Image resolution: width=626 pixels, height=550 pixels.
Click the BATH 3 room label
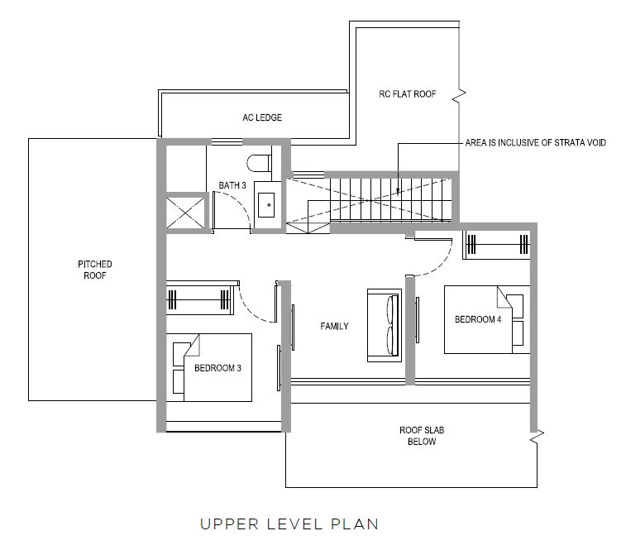[232, 185]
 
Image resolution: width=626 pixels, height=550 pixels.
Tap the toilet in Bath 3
[259, 163]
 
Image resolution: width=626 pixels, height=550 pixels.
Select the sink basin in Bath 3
[266, 205]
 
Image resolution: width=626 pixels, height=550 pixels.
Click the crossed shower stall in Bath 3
[185, 213]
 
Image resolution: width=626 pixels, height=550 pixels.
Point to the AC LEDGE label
[262, 117]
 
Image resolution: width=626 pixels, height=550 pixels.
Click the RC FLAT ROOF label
[408, 93]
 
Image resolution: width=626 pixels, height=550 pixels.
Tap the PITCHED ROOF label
[95, 270]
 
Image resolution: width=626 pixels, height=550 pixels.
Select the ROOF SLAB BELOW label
[422, 436]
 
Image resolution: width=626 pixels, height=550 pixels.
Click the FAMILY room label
[335, 327]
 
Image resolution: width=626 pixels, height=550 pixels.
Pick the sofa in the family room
[385, 326]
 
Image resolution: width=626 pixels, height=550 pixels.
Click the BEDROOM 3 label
[218, 368]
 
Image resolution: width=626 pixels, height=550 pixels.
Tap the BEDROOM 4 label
[478, 319]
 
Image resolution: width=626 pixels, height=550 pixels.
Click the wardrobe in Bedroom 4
[496, 245]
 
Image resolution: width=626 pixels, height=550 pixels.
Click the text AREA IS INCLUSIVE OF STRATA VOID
[536, 142]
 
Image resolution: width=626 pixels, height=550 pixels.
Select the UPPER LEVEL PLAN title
[289, 524]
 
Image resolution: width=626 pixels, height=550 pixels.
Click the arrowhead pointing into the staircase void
[398, 192]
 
